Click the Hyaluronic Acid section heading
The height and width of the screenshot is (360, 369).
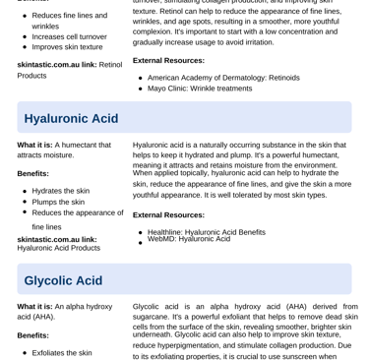coord(71,118)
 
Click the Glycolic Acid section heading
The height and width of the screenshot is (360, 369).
coord(63,280)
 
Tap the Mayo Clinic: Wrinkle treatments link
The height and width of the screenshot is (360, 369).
coord(200,89)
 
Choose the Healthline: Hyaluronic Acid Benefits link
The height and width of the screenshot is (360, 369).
coord(207,232)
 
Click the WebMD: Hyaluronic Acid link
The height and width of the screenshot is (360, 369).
coord(189,239)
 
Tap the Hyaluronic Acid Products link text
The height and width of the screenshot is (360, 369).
coord(58,248)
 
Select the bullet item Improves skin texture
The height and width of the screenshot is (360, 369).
coord(67,47)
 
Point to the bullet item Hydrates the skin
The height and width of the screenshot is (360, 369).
coord(61,191)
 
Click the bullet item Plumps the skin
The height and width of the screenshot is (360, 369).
coord(58,202)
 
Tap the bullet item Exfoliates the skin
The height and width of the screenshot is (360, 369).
coord(62,352)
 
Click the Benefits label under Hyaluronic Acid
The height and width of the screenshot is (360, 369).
coord(32,173)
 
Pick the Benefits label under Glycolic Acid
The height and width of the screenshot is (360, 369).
coord(32,335)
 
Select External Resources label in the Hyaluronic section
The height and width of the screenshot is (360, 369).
coord(168,214)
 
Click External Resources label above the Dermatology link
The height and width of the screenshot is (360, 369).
coord(168,60)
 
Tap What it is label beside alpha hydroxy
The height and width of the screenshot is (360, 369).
coord(34,306)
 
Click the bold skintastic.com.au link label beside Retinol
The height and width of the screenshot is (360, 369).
coord(56,65)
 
